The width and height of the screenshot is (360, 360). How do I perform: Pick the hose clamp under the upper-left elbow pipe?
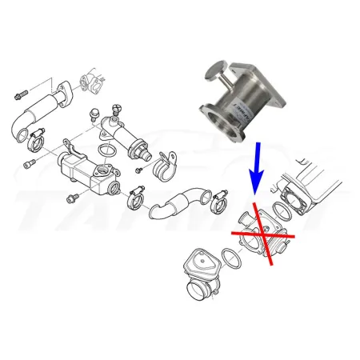coord(34,143)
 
